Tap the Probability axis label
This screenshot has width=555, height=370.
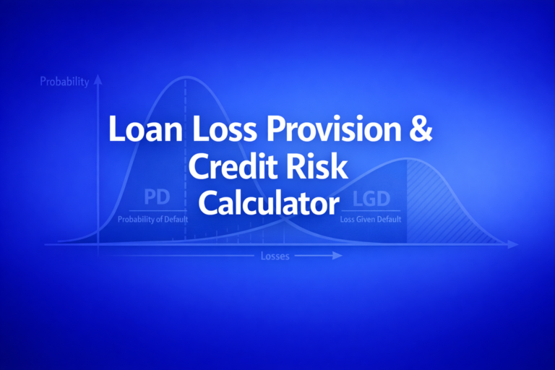point(64,82)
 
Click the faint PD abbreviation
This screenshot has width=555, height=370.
point(157,197)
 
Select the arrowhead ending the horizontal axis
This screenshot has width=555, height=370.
point(514,245)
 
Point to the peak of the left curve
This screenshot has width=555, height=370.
point(186,77)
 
